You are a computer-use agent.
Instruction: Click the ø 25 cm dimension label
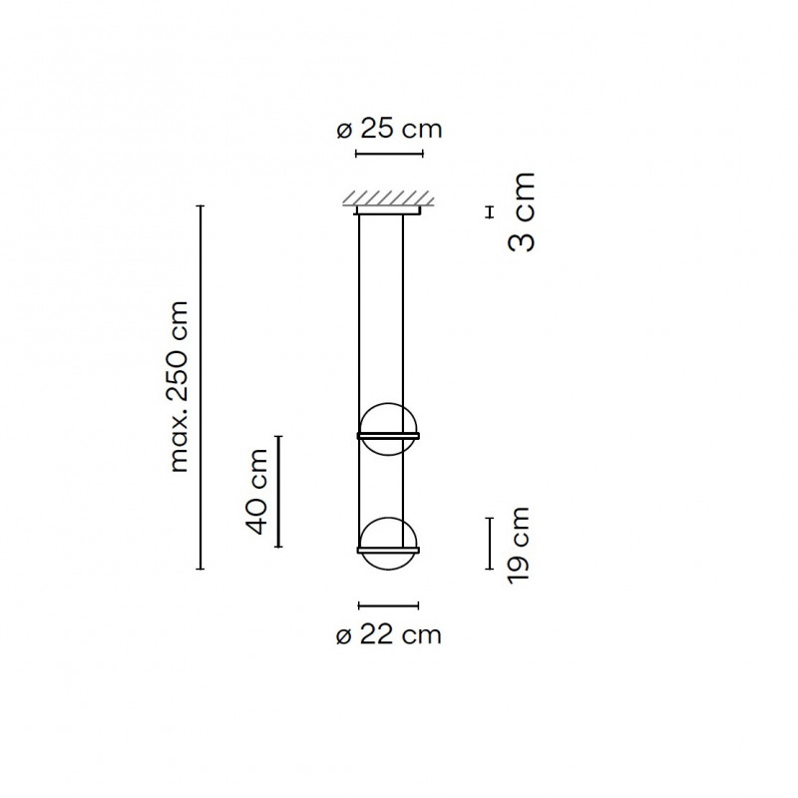389,129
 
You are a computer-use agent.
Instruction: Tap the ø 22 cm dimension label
389,634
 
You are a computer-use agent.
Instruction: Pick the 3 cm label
521,211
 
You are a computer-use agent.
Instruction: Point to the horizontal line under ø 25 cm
390,154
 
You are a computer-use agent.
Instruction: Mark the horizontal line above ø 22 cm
389,604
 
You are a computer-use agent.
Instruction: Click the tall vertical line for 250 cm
202,386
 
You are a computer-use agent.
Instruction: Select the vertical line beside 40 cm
279,491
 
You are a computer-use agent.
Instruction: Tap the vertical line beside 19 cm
489,543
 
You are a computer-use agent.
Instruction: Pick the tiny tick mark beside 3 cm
489,211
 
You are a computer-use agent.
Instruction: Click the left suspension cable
359,319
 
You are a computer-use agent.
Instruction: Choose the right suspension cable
404,319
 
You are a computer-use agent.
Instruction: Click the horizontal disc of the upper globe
389,436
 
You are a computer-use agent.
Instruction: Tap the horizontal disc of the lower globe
389,549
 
